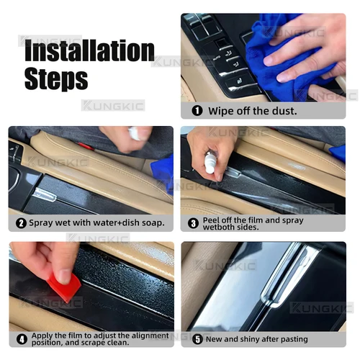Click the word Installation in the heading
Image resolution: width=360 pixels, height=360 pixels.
[x=89, y=51]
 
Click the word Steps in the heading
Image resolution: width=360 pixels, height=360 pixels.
[x=56, y=78]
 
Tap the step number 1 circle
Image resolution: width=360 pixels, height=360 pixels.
[x=197, y=111]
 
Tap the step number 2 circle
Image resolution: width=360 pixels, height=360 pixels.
[x=22, y=223]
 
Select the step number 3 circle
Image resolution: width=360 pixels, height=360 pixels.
[x=194, y=223]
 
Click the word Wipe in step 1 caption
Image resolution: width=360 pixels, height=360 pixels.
[x=220, y=111]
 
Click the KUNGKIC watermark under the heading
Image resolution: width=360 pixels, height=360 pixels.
[x=113, y=105]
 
